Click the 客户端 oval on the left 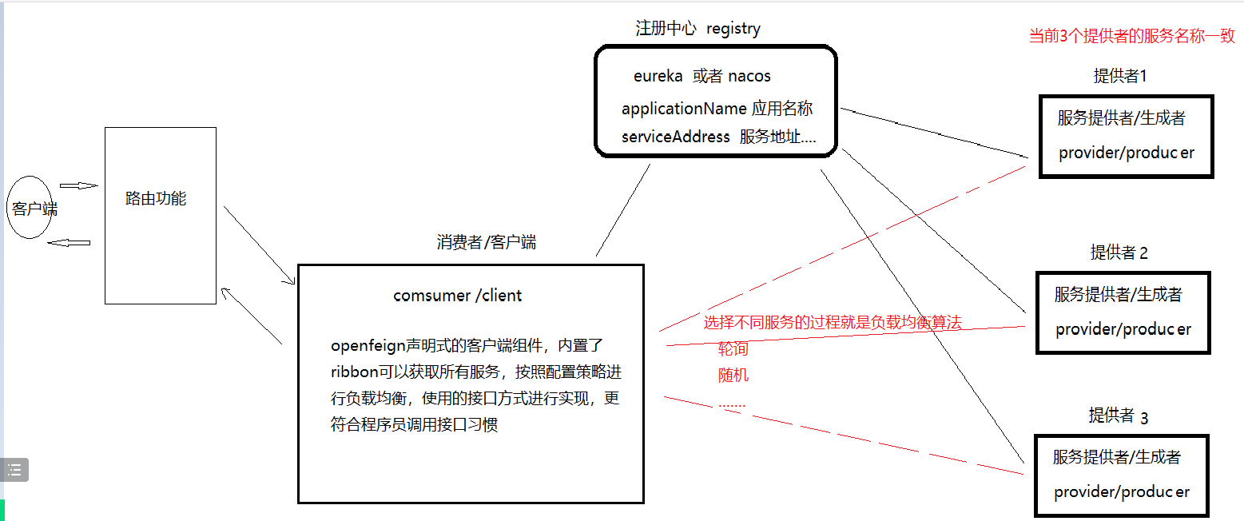click(x=30, y=209)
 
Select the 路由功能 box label click(x=156, y=199)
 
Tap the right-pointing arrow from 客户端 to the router click(x=78, y=186)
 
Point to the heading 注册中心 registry click(x=698, y=29)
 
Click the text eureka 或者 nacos click(x=702, y=77)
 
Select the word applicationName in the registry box click(x=684, y=109)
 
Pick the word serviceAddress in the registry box click(x=676, y=137)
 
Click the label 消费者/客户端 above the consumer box click(x=487, y=243)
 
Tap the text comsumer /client click(x=458, y=296)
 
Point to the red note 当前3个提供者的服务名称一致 click(x=1131, y=36)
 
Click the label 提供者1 click(x=1120, y=76)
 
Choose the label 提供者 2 click(x=1119, y=253)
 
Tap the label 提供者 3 click(x=1118, y=416)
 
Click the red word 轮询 click(x=733, y=349)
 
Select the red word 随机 click(x=733, y=375)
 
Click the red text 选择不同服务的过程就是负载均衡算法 click(x=832, y=323)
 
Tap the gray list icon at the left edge click(x=14, y=470)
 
